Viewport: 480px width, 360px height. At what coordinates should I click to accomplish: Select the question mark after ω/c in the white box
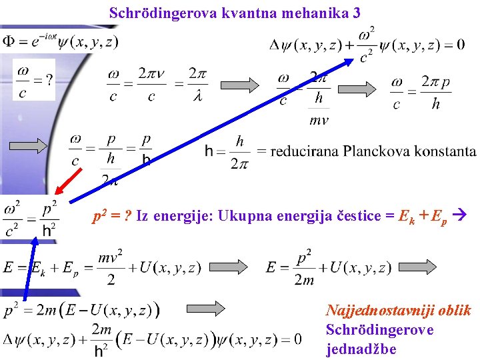click(x=47, y=79)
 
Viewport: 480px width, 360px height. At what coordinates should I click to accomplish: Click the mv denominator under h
click(x=319, y=121)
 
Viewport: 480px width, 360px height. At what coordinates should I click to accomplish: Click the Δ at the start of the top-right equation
click(x=275, y=45)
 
